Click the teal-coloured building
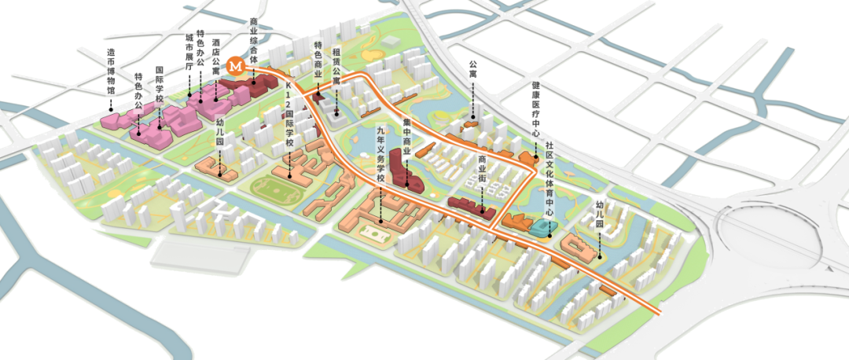point(542,228)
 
